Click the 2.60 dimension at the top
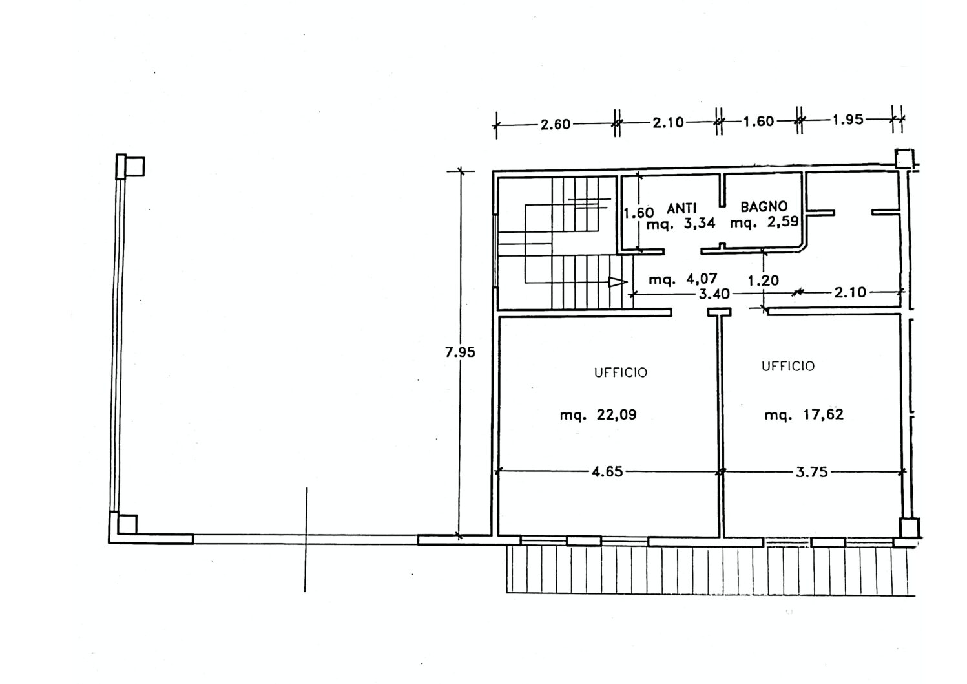pos(556,124)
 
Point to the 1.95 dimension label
pos(848,120)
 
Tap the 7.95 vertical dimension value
pos(460,352)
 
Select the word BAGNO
pos(764,207)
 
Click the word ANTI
pos(682,209)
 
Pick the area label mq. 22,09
pos(598,415)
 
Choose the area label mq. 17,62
pos(804,415)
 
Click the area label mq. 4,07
pos(683,279)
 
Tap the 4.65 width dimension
pos(607,471)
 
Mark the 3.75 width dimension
pos(812,472)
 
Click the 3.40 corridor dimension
pos(714,294)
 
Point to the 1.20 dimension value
pos(764,281)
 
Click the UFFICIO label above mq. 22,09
pos(621,372)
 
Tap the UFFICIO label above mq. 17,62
pos(788,367)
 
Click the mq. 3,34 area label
pos(681,224)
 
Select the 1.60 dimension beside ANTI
pos(639,213)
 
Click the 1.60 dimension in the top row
pos(758,122)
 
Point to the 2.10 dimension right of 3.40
pos(850,293)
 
